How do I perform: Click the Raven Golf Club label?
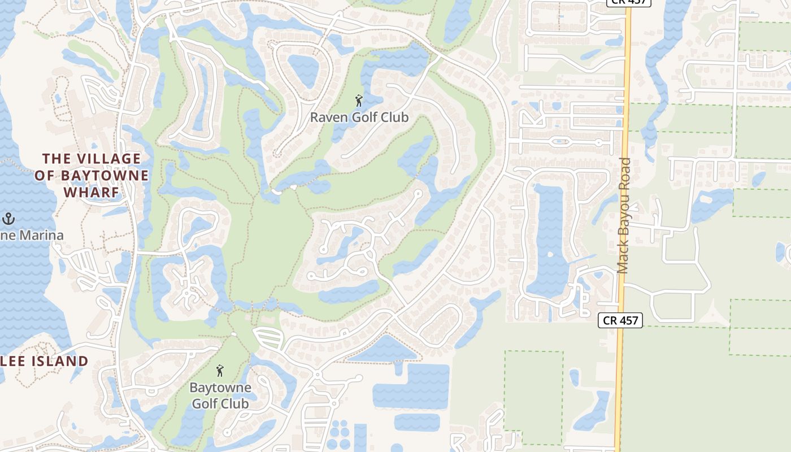click(x=359, y=118)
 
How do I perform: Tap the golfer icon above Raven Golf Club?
click(x=359, y=101)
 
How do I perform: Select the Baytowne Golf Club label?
click(x=220, y=395)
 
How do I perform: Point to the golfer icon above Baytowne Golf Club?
click(x=220, y=371)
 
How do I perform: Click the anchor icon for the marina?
click(x=8, y=219)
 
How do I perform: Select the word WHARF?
click(x=92, y=192)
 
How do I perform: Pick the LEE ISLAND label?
click(x=45, y=361)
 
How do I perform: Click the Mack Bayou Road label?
click(x=624, y=216)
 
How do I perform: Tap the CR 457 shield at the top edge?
click(x=629, y=2)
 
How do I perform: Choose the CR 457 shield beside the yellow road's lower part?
click(x=620, y=320)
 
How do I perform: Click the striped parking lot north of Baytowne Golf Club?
click(x=268, y=338)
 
